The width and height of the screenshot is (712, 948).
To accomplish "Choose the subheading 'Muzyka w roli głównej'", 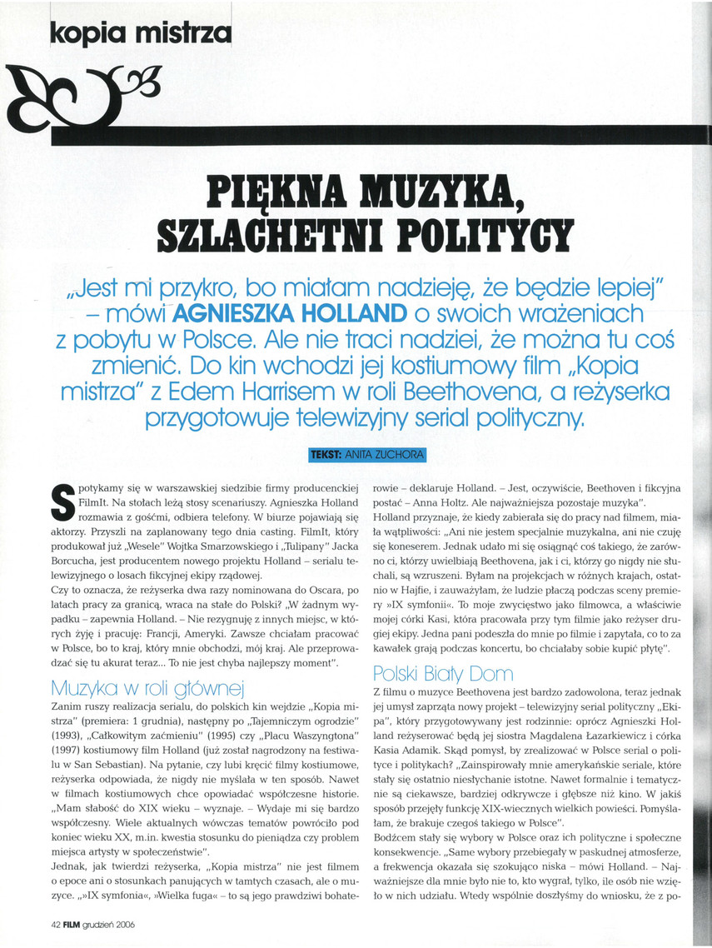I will click(x=146, y=687).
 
